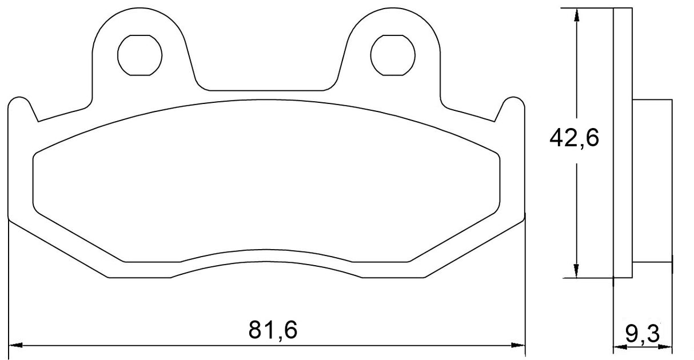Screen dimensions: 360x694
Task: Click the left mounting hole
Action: coord(139,55)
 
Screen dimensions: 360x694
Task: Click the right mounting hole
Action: coord(393,55)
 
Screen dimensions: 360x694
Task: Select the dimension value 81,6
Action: coord(273,330)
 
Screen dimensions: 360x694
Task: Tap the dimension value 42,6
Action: coord(573,138)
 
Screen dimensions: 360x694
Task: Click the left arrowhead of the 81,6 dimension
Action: coord(17,345)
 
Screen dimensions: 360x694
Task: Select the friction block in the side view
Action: coord(652,181)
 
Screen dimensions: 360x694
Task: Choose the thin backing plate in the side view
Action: coord(623,143)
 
